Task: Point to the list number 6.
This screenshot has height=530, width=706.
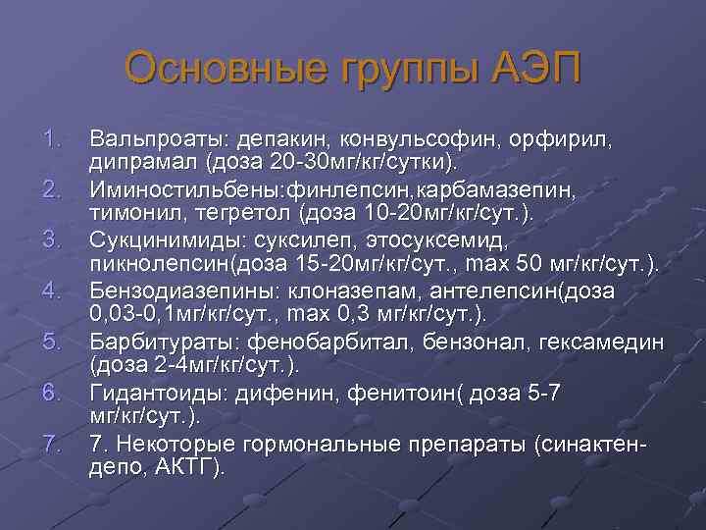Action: tap(54, 395)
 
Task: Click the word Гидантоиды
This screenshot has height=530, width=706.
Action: tap(153, 395)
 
